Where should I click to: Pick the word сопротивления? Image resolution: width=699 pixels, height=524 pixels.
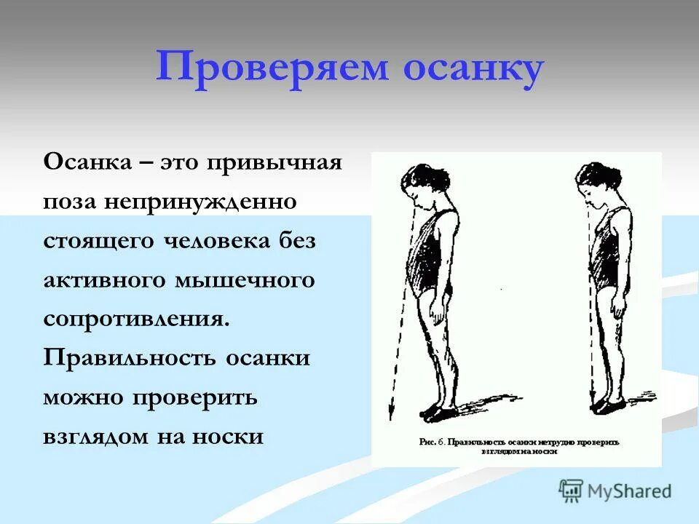coord(135,319)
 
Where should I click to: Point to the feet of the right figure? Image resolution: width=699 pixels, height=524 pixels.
coord(608,405)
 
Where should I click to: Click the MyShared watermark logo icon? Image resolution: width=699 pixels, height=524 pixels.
coord(571,490)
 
